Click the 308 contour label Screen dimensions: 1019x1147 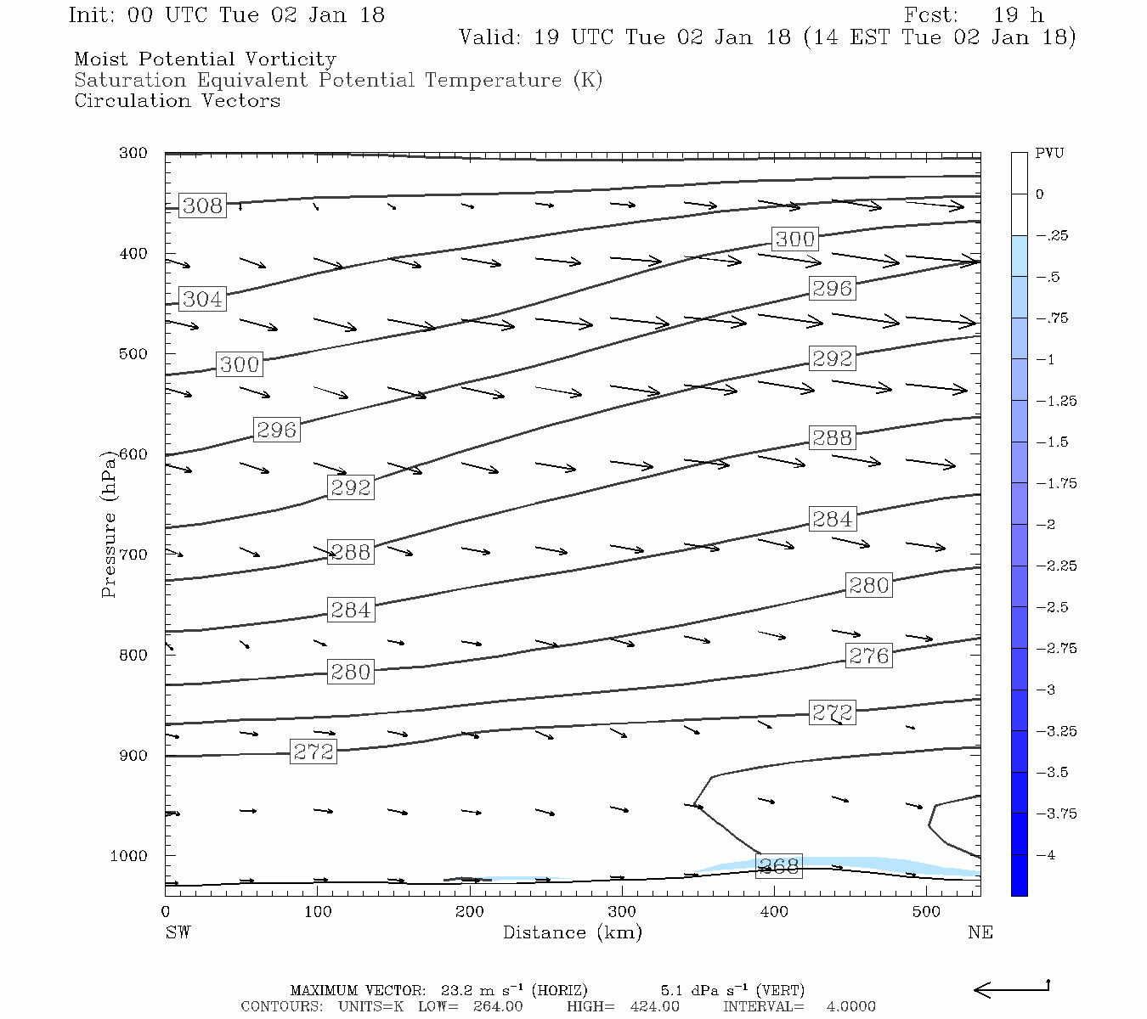202,205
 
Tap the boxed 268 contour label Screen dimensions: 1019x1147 778,866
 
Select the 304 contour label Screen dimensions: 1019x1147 202,299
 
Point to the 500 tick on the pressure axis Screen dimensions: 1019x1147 133,354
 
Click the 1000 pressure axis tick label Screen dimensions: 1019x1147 128,856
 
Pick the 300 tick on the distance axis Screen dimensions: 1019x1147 622,912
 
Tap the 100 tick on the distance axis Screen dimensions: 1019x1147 317,912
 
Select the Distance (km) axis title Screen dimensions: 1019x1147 572,932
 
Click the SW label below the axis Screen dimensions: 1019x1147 178,932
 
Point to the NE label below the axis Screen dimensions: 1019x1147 980,932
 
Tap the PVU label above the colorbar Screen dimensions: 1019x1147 1049,154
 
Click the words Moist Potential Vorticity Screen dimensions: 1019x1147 205,59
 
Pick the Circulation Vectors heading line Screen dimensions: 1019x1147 177,101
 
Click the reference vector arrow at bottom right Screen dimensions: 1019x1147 1011,988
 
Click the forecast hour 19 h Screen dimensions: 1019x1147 1018,15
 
